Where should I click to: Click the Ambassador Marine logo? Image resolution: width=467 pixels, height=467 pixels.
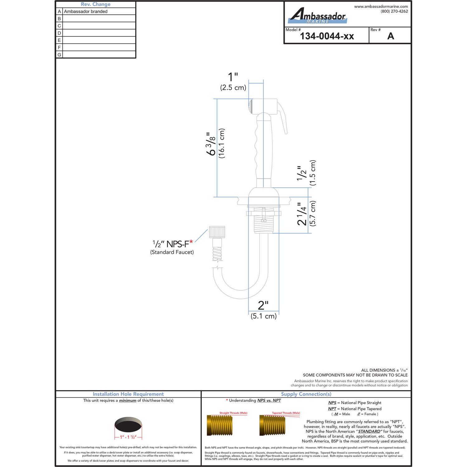pos(317,16)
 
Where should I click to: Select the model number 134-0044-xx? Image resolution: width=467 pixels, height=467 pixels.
pos(327,36)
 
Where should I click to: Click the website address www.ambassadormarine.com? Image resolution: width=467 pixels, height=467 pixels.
pos(381,6)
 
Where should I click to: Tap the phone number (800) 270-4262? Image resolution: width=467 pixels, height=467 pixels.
pos(394,11)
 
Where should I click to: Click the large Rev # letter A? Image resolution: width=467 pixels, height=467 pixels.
pos(391,36)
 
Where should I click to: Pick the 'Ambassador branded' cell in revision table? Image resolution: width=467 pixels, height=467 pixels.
pos(86,12)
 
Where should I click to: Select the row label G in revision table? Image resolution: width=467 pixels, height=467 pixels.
pos(59,55)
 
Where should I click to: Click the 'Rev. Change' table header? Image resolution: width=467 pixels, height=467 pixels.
pos(95,4)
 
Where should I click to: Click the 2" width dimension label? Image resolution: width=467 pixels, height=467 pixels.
pos(263,305)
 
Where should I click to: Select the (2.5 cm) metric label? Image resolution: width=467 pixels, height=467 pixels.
pos(233,88)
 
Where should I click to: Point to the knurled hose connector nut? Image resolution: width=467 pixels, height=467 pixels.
pos(217,232)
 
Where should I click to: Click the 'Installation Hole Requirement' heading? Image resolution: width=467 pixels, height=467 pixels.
pos(128,394)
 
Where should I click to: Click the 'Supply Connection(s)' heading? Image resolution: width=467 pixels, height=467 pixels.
pos(306,394)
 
